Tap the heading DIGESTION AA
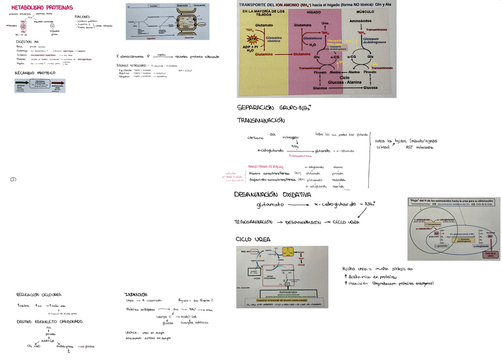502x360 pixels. point(28,43)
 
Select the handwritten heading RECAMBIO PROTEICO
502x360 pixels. point(34,73)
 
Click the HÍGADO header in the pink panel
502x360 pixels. point(314,11)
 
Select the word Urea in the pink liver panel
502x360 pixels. point(325,24)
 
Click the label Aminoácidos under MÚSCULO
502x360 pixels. point(361,20)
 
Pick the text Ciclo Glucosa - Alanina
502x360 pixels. point(343,80)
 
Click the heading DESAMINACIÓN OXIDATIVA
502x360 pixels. point(272,194)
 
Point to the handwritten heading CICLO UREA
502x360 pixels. point(253,239)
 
